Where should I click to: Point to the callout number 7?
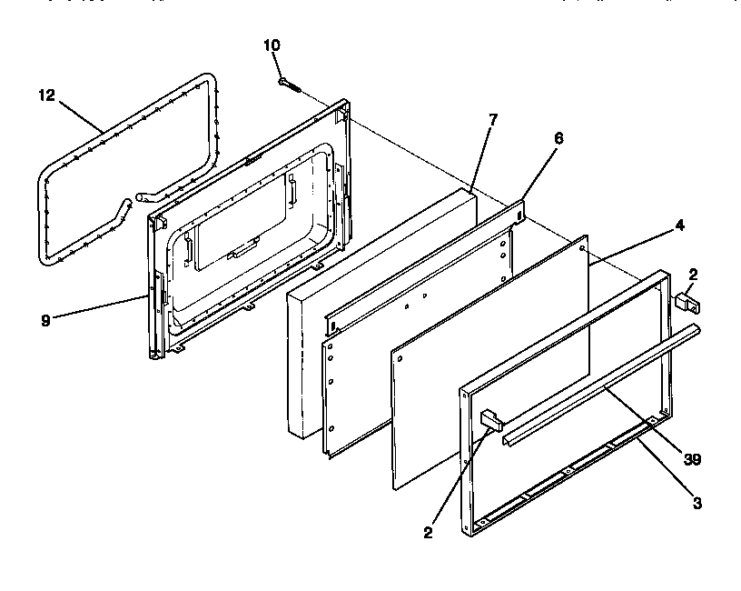pos(492,119)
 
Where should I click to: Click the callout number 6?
pos(558,138)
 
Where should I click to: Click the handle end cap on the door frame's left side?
pos(490,419)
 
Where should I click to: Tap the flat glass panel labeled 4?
pos(490,364)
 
